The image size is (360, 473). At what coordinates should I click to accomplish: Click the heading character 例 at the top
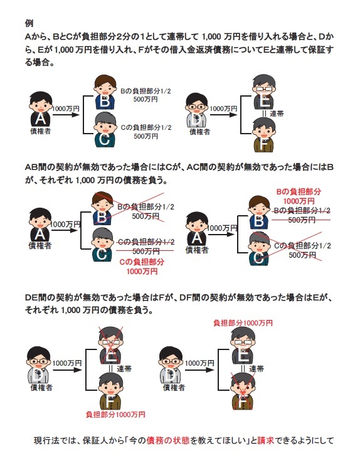pos(29,24)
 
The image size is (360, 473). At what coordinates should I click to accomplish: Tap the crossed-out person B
pos(102,209)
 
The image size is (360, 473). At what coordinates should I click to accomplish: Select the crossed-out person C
pos(258,248)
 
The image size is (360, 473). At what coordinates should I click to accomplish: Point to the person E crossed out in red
pos(110,345)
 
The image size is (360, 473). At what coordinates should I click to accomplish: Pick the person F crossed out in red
pos(243,391)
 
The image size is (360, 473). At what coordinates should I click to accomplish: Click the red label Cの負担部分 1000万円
pos(142,267)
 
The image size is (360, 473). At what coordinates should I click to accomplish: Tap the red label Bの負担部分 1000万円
pos(299,196)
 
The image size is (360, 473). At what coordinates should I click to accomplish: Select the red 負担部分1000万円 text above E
pos(243,323)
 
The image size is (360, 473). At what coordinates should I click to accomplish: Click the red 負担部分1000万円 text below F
pos(115,415)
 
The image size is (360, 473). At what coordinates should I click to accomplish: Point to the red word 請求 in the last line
pos(266,440)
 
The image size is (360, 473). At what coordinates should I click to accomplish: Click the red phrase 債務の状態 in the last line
pos(168,440)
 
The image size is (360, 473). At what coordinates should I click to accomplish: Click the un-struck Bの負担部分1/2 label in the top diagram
pos(146,91)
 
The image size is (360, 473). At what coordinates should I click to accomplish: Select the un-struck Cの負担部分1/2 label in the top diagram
pos(146,127)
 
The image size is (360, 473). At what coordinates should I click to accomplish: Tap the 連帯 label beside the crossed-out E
pos(124,368)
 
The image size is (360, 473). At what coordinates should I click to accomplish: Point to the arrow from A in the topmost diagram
pos(66,115)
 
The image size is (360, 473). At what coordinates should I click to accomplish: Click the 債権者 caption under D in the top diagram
pos(199,132)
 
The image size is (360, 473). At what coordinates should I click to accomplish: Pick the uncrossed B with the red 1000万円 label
pos(259,212)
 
